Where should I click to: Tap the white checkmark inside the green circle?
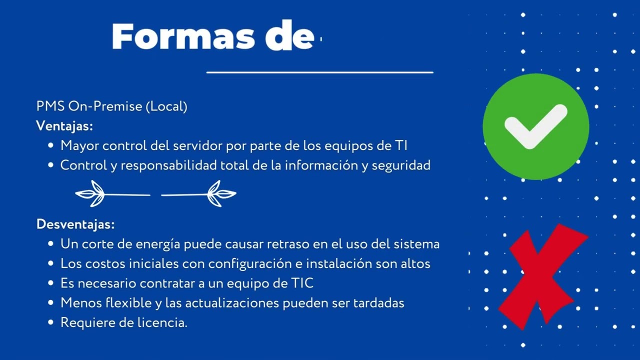tap(535, 126)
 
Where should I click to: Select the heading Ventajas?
tap(64, 126)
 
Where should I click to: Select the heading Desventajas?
tap(75, 224)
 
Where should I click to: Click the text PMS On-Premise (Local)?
tap(111, 106)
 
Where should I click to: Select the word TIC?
tap(302, 283)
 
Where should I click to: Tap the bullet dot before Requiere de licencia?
tap(50, 323)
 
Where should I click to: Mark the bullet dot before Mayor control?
tap(50, 146)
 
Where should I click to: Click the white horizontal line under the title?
tap(319, 72)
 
